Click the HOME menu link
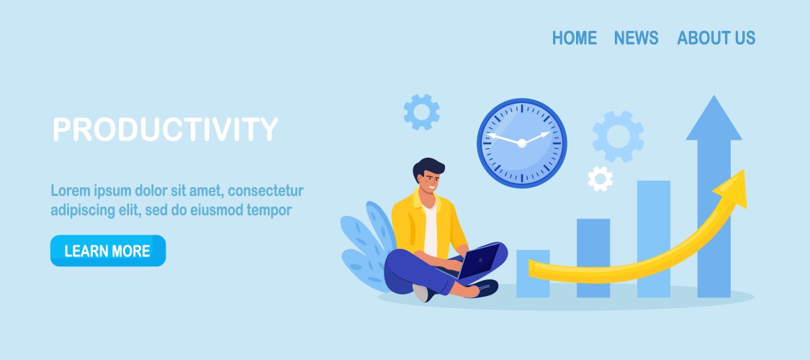coord(575,37)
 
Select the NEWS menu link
coord(636,37)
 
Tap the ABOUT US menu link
coord(716,37)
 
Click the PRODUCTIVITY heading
coord(166,129)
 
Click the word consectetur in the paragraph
coord(266,191)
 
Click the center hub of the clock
coord(522,143)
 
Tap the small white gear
coord(600,179)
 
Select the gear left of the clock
coord(421,112)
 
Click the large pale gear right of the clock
coord(618,136)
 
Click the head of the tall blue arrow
coord(714,118)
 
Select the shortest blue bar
coord(533,274)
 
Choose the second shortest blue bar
coord(593,258)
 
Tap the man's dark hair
coord(428,166)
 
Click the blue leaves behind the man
coord(366,246)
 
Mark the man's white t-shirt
coord(431,230)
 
